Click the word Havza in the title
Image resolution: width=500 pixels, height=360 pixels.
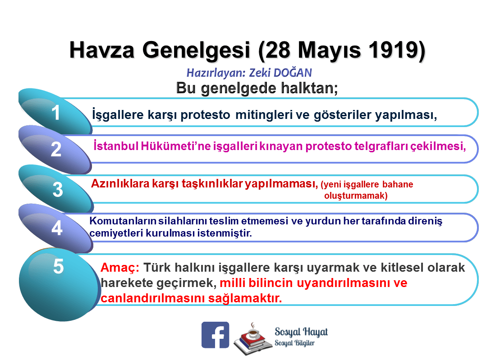click(102, 50)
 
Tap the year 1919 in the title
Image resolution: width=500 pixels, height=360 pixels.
click(396, 50)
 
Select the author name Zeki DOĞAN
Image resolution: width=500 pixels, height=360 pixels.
click(280, 73)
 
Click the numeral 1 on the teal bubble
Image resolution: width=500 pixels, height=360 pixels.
click(55, 113)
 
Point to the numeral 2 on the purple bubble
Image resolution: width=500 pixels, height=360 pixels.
click(56, 149)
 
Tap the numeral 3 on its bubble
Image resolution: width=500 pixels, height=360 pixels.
click(58, 189)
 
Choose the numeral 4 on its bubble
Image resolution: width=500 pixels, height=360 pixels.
click(57, 228)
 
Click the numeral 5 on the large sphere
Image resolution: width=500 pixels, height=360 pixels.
click(58, 266)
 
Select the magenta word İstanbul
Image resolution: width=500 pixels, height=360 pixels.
click(116, 146)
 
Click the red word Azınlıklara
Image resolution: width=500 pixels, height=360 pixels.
click(120, 183)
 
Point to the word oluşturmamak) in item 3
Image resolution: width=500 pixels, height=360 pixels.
click(356, 196)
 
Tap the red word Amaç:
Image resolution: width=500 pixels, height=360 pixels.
click(120, 268)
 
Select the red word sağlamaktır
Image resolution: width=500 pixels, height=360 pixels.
click(245, 298)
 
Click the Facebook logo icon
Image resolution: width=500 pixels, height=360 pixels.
click(215, 335)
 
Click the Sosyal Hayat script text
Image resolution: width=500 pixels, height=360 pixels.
click(301, 332)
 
